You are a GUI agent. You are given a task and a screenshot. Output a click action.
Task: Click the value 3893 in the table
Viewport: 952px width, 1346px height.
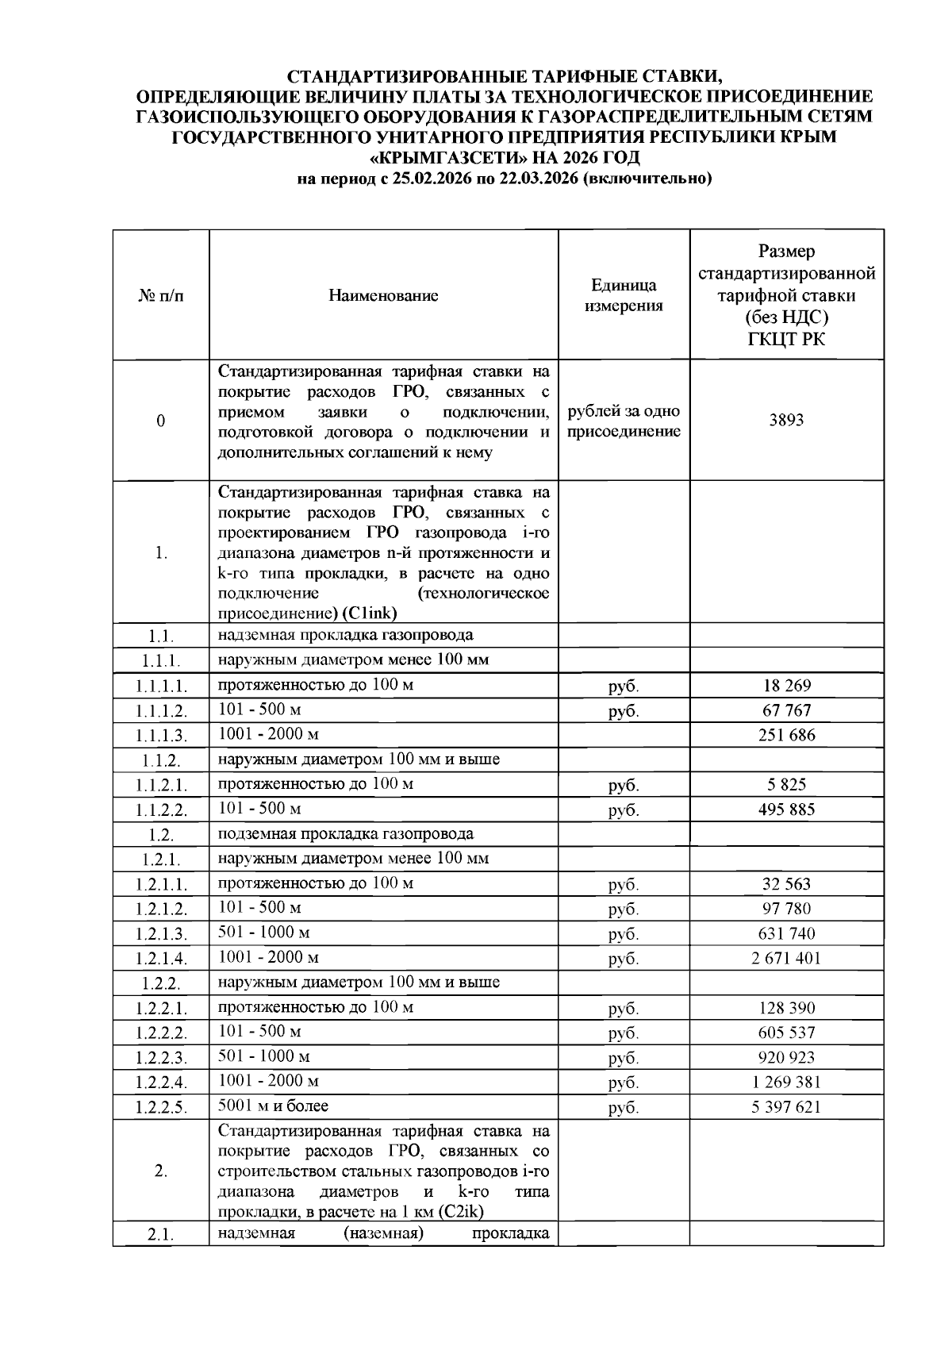tap(785, 421)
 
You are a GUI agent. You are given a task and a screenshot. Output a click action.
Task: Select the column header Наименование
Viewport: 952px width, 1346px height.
tap(383, 296)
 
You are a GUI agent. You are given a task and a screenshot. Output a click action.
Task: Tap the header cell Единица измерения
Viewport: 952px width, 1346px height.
tap(624, 296)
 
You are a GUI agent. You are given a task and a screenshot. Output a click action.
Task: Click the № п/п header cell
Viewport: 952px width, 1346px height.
tap(161, 296)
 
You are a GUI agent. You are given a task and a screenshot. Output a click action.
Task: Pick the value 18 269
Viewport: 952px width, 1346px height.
tap(785, 686)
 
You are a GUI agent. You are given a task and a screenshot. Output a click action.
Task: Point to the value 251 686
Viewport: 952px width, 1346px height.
tap(785, 735)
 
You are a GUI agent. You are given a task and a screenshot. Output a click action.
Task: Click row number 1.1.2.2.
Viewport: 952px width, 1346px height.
tap(161, 810)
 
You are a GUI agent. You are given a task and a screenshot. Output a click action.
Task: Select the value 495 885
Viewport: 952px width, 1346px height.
tap(785, 810)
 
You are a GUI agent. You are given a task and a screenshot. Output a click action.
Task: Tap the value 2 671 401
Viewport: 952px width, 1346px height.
tap(785, 958)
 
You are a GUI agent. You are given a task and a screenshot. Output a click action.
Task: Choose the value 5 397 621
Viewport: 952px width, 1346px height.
tap(785, 1107)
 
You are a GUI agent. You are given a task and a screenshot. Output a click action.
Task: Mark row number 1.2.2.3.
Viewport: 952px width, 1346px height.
tap(161, 1058)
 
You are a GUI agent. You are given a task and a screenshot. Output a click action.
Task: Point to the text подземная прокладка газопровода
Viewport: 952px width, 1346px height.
tap(346, 834)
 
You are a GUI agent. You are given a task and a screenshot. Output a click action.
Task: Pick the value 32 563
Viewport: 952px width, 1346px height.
tap(785, 884)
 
